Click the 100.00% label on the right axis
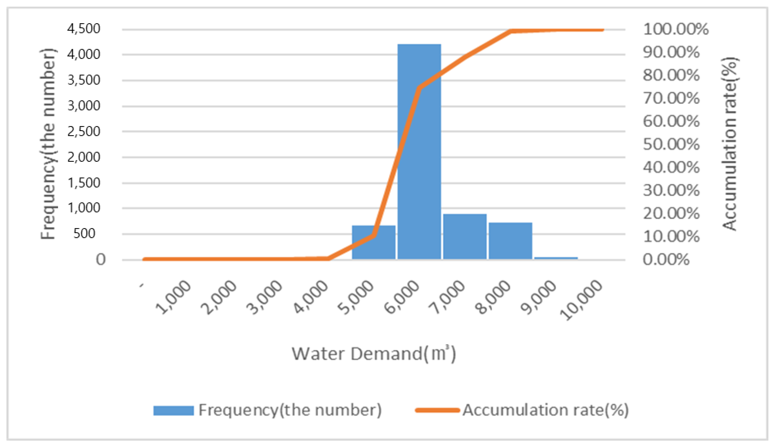click(675, 29)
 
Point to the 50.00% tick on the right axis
click(671, 144)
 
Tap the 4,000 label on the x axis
click(311, 297)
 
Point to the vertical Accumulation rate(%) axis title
click(730, 144)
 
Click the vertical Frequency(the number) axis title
click(48, 144)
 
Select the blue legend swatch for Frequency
click(173, 410)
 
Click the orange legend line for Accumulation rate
click(437, 410)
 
